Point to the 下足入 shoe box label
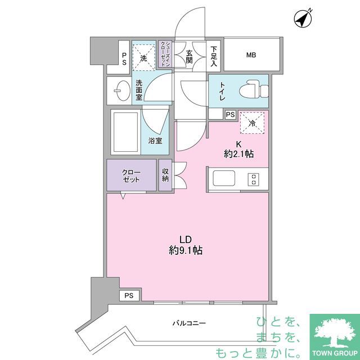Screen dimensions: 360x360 pyautogui.click(x=214, y=55)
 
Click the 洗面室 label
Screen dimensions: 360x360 pyautogui.click(x=138, y=90)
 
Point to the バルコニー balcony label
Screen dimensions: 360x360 pyautogui.click(x=190, y=323)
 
